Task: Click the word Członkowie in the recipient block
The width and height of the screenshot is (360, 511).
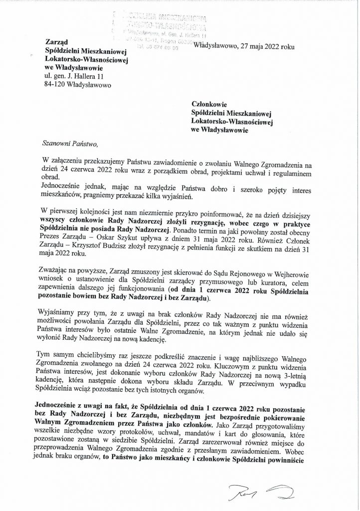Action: (210, 105)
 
